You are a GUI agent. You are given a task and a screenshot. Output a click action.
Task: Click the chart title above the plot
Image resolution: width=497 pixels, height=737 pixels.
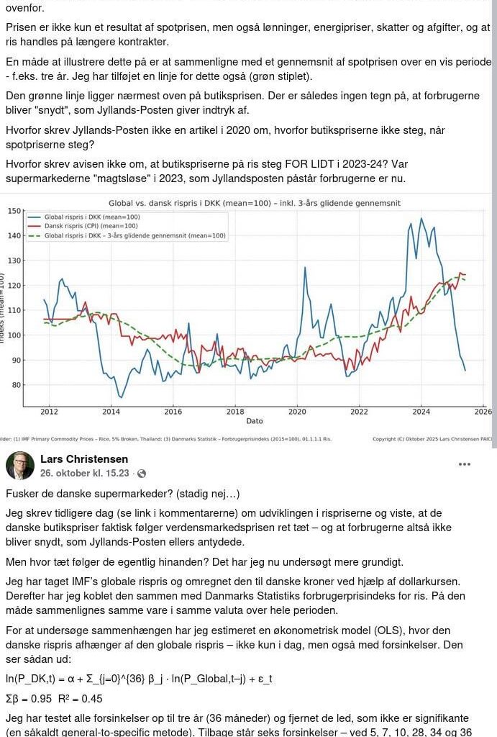click(254, 203)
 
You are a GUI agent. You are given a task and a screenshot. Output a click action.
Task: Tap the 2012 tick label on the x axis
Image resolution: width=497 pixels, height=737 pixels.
click(49, 412)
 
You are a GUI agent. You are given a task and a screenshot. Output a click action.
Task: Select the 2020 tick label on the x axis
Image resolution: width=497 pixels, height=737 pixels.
click(297, 412)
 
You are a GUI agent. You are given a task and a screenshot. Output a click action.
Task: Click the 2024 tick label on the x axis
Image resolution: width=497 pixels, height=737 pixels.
click(421, 412)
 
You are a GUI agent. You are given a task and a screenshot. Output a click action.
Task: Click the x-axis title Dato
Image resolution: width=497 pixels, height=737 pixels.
click(255, 421)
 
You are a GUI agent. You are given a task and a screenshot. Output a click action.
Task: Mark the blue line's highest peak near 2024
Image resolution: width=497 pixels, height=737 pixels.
click(421, 219)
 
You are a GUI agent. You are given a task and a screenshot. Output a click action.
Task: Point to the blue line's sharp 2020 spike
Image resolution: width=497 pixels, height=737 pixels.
click(305, 268)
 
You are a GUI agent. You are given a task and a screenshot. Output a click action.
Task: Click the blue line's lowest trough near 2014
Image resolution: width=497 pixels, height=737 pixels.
click(121, 397)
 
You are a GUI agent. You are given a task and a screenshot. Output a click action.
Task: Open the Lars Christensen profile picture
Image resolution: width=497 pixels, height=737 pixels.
click(20, 466)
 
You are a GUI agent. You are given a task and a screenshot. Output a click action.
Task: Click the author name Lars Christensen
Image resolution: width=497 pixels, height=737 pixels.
click(84, 459)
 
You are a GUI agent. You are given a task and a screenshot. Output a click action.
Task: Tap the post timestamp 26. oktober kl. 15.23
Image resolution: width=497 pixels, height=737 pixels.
click(84, 473)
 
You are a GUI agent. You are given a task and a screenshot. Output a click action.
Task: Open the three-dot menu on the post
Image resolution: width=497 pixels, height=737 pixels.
click(465, 464)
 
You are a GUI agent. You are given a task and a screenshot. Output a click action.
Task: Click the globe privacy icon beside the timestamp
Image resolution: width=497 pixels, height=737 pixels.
click(141, 474)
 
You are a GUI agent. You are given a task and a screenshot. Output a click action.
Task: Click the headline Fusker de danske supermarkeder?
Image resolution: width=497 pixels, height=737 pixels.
click(122, 494)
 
